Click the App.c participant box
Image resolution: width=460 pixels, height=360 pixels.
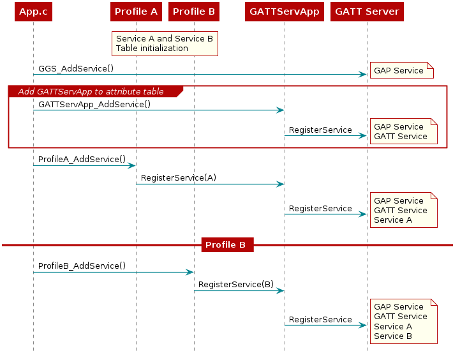click(x=33, y=11)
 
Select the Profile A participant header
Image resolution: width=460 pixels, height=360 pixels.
click(x=136, y=11)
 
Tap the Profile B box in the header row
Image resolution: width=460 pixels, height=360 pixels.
click(x=194, y=11)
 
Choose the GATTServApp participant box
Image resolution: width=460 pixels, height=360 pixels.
click(x=285, y=11)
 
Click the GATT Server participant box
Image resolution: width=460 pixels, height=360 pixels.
click(x=367, y=11)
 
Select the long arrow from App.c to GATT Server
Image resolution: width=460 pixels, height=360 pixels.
click(x=198, y=75)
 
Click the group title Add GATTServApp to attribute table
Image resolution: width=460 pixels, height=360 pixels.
click(x=91, y=91)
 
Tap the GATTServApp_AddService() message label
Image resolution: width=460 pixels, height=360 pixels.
click(x=94, y=104)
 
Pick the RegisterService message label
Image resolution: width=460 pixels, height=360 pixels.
click(x=320, y=130)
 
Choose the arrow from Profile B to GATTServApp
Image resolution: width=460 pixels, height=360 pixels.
click(x=239, y=290)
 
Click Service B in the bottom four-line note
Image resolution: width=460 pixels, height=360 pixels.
click(x=393, y=336)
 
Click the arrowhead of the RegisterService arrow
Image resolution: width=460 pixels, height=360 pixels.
click(x=363, y=135)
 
